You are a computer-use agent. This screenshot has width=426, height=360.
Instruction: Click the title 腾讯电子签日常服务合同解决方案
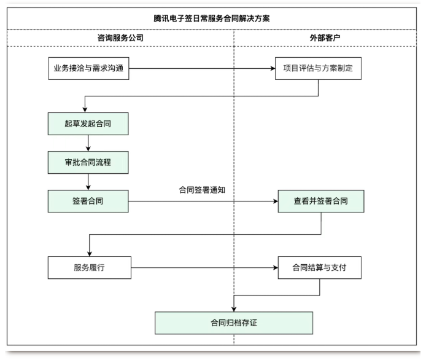pos(212,18)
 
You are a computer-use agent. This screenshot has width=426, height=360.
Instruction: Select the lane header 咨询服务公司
pos(120,37)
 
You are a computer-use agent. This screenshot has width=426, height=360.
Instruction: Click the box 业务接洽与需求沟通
pos(88,68)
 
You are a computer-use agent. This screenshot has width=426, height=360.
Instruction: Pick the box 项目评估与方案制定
pos(319,68)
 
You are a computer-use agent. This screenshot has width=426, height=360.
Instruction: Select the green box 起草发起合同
pos(88,123)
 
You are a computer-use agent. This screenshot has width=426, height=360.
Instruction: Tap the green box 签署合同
pos(88,201)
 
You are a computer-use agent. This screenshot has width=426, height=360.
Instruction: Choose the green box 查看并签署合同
pos(320,201)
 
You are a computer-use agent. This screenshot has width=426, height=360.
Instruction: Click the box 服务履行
pos(88,267)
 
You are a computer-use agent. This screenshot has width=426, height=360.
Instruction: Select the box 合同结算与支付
pos(319,267)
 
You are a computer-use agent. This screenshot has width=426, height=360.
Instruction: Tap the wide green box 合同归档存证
pos(234,323)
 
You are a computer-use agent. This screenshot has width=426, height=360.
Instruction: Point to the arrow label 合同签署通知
pos(202,190)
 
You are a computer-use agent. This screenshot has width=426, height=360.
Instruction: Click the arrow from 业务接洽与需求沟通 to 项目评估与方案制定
pos(203,68)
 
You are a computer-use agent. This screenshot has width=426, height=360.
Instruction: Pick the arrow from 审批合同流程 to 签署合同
pos(89,181)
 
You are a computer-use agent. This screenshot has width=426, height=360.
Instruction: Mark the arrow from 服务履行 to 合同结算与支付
pos(203,267)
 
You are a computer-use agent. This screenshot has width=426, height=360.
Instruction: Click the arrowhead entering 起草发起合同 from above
pos(85,109)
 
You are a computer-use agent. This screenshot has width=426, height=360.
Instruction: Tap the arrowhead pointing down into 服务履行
pos(89,252)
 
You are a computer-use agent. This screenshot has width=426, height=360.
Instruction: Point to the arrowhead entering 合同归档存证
pos(234,308)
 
